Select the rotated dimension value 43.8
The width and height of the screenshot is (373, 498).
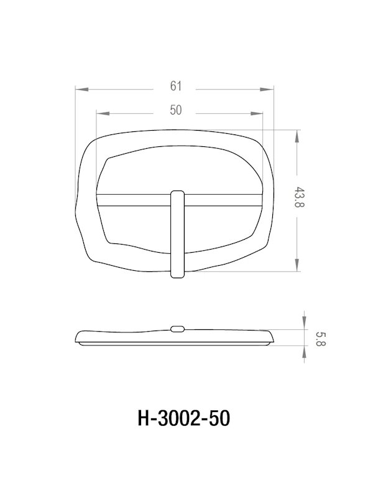pyautogui.click(x=300, y=197)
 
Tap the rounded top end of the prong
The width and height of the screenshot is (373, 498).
pyautogui.click(x=177, y=193)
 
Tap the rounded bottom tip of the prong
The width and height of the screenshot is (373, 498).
pyautogui.click(x=177, y=274)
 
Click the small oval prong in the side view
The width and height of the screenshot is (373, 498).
pyautogui.click(x=177, y=328)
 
